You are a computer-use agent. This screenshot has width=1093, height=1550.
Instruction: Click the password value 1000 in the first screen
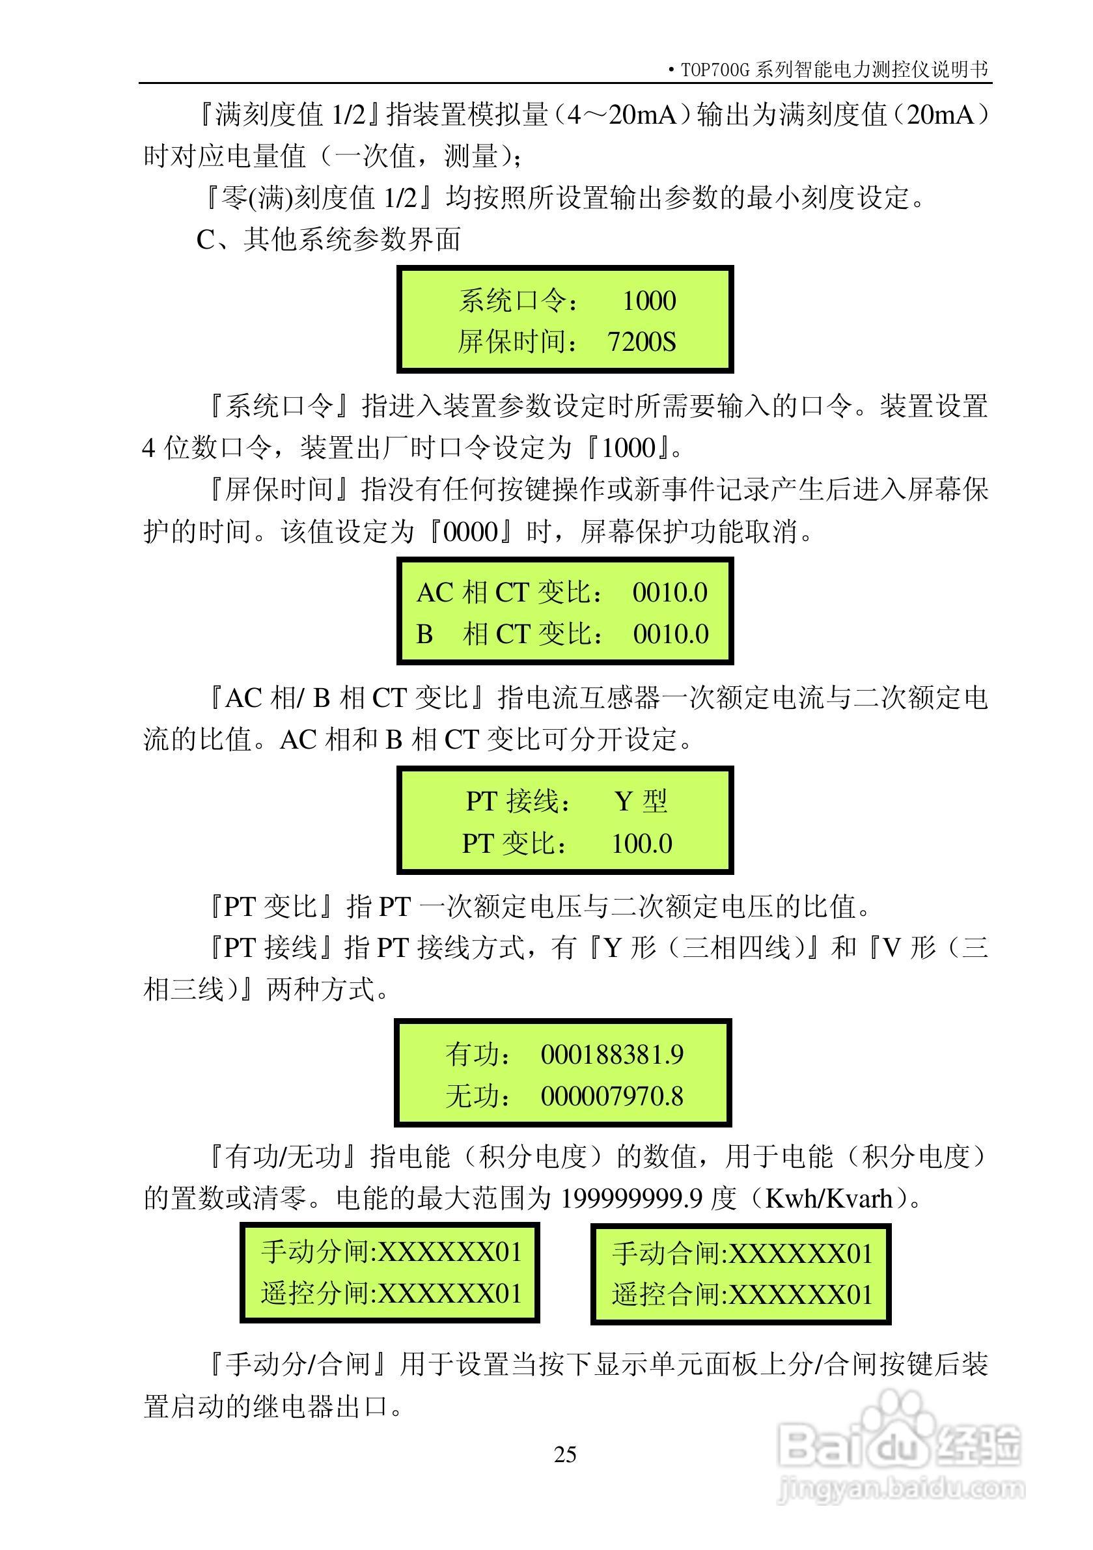coord(648,300)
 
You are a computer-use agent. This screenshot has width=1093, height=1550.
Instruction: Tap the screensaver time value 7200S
coord(641,342)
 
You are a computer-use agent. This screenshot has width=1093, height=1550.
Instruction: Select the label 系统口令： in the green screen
coord(518,300)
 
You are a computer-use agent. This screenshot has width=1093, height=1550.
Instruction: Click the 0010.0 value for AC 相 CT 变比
coord(670,593)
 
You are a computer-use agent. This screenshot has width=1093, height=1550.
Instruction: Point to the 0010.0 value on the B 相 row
coord(671,634)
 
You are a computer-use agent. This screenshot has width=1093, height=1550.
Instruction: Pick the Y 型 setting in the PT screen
coord(641,801)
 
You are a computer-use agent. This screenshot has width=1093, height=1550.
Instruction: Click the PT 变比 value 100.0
coord(641,843)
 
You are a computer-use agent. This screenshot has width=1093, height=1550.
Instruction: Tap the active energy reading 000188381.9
coord(612,1055)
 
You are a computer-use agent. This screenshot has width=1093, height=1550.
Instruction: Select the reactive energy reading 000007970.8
coord(612,1096)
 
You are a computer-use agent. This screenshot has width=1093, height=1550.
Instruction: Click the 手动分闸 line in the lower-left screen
coord(391,1252)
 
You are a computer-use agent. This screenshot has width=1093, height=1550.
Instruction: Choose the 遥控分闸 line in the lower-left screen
coord(391,1294)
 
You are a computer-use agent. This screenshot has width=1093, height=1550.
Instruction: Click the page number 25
coord(565,1454)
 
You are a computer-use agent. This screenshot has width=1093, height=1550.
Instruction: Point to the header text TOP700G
coord(715,70)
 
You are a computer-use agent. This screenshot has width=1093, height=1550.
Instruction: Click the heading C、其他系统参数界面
coord(329,240)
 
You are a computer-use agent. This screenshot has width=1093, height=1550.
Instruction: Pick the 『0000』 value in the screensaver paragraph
coord(470,532)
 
